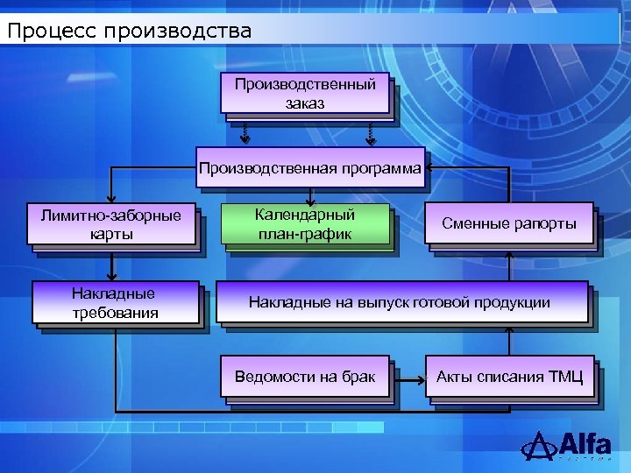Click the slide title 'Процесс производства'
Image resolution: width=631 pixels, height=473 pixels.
pyautogui.click(x=129, y=32)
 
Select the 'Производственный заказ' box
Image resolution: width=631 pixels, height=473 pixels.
pyautogui.click(x=304, y=93)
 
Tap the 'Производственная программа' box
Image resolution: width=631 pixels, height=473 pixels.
pyautogui.click(x=310, y=167)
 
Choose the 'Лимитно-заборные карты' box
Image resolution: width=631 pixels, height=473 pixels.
pyautogui.click(x=111, y=224)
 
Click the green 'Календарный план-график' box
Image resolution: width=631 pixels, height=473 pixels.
pyautogui.click(x=304, y=224)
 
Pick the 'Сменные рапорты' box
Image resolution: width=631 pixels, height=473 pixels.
pyautogui.click(x=509, y=223)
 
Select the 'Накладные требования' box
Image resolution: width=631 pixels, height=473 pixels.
pyautogui.click(x=115, y=303)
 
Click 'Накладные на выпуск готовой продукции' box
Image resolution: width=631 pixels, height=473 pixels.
pyautogui.click(x=400, y=302)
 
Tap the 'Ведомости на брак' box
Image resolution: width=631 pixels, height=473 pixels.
pyautogui.click(x=304, y=377)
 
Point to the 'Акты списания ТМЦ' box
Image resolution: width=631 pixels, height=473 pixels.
pyautogui.click(x=509, y=377)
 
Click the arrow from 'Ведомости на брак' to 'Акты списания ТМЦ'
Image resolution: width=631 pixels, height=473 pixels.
pyautogui.click(x=408, y=378)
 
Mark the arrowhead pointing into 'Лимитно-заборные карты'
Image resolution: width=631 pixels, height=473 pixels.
pyautogui.click(x=111, y=200)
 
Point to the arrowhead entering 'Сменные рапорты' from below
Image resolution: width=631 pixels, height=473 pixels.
pyautogui.click(x=509, y=256)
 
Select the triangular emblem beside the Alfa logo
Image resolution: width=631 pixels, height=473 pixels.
pyautogui.click(x=538, y=445)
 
